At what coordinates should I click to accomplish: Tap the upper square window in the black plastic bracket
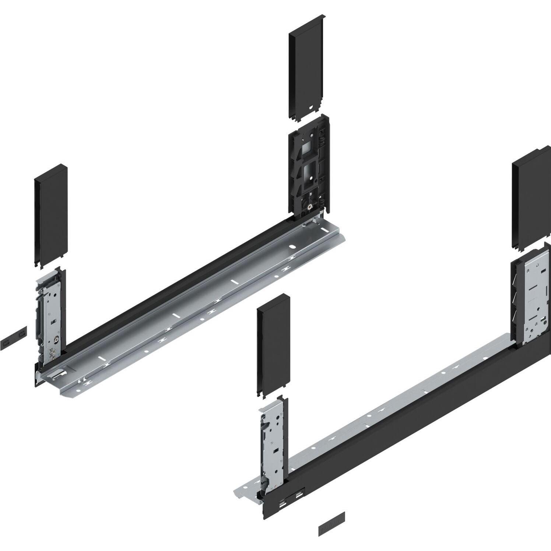click(x=305, y=149)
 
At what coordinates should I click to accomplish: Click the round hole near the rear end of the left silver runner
click(x=292, y=246)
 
